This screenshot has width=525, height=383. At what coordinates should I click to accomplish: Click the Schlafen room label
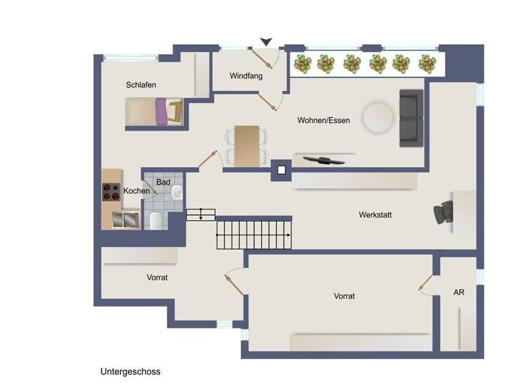(141, 85)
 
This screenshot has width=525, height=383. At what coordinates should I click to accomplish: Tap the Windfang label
(246, 76)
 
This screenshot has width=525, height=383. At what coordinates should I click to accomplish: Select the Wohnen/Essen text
(323, 120)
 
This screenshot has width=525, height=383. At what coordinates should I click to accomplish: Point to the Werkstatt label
(375, 215)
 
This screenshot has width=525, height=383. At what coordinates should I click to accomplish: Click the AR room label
(459, 292)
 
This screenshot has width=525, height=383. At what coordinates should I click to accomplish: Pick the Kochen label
(137, 190)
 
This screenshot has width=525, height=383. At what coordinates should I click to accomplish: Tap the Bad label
(163, 182)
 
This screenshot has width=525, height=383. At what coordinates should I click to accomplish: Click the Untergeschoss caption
(130, 371)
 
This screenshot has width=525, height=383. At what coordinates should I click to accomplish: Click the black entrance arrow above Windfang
(266, 42)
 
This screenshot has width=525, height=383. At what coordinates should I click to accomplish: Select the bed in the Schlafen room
(154, 111)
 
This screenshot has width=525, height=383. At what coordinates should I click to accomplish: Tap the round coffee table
(377, 117)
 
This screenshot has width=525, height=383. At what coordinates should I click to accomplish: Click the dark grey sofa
(412, 118)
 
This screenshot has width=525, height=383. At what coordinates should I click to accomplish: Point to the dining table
(247, 145)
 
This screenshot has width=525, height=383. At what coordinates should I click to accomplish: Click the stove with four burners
(111, 193)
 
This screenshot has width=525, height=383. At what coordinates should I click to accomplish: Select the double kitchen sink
(126, 220)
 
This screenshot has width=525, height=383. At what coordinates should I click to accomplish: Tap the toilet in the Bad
(155, 220)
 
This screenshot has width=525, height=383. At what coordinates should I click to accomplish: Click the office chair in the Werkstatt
(441, 213)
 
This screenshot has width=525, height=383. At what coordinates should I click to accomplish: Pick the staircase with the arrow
(253, 234)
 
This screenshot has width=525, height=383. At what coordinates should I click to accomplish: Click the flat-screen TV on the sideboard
(323, 160)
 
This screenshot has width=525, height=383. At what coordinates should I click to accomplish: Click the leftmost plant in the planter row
(302, 64)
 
